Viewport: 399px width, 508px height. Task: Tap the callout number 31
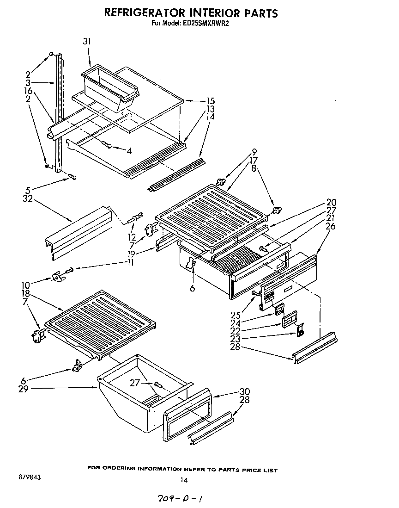click(87, 42)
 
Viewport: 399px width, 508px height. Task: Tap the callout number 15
click(211, 100)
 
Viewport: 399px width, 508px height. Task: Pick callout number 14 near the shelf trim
click(211, 117)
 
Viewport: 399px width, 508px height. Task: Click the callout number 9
click(254, 151)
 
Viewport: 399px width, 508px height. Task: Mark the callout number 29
click(24, 389)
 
